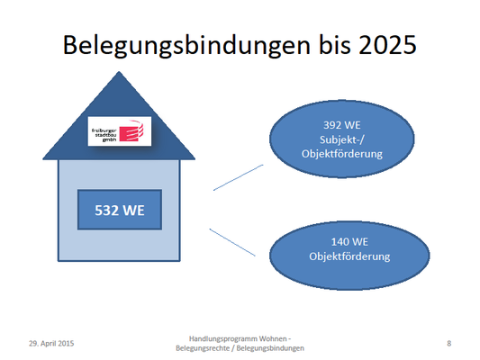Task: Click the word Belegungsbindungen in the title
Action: click(186, 46)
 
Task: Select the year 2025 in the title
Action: click(387, 44)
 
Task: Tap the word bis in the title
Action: click(335, 44)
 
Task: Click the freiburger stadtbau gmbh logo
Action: click(120, 130)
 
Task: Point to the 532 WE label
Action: click(120, 210)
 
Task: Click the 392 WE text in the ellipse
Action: click(342, 125)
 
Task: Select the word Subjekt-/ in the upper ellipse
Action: click(342, 139)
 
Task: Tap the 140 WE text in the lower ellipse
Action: click(349, 242)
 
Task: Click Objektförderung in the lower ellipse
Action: click(349, 256)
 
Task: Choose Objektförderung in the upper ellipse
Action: click(342, 154)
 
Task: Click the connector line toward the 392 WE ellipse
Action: click(238, 177)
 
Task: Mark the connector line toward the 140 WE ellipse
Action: click(232, 242)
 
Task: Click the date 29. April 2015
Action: click(51, 344)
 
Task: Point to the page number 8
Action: click(448, 344)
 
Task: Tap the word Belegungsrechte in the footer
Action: click(203, 348)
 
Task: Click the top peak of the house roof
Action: click(119, 72)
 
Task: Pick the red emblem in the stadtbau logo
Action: click(131, 130)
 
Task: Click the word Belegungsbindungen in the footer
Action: click(270, 348)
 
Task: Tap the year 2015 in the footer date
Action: click(66, 344)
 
